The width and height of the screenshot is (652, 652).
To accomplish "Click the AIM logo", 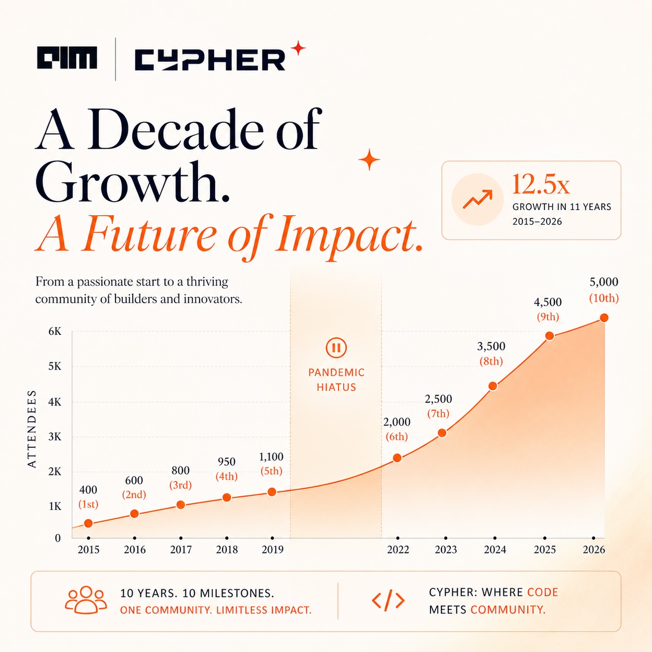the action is (67, 58).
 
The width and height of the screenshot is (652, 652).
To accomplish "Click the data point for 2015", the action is (88, 524).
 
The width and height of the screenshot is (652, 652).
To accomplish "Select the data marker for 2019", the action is (272, 492).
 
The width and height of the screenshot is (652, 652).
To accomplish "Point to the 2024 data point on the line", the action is (493, 386).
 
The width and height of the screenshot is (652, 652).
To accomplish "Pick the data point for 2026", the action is (604, 318).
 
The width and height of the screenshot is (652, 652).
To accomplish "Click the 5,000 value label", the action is (604, 281).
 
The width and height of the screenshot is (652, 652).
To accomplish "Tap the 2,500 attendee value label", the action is (438, 399).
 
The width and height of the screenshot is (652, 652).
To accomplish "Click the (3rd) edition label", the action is (180, 485).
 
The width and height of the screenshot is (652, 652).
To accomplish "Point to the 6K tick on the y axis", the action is (55, 331).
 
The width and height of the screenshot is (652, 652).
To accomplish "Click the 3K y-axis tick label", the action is (55, 437).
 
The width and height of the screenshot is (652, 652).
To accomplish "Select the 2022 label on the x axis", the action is (398, 550).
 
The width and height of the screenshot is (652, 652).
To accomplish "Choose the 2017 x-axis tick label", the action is (181, 550).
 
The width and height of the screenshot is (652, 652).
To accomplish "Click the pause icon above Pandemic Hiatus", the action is (336, 347).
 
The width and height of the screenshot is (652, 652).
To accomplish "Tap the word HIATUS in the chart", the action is (336, 387).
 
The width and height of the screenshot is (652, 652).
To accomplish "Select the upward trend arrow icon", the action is (477, 199).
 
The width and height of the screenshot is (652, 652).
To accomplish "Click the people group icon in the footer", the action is (86, 599).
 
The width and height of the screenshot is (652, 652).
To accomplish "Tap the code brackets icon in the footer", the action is (388, 600).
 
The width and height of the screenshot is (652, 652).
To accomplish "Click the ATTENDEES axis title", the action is (32, 429).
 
